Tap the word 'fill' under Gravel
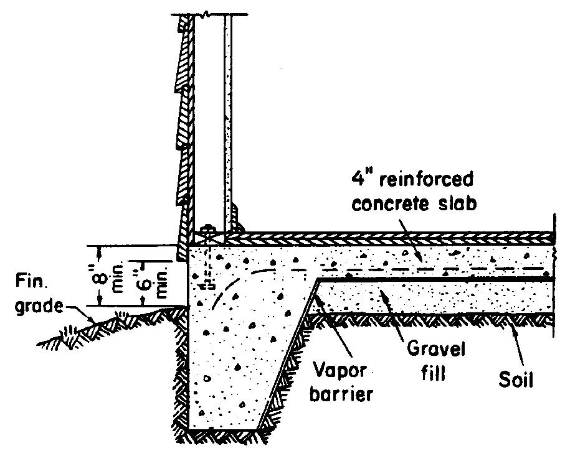click(437, 374)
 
